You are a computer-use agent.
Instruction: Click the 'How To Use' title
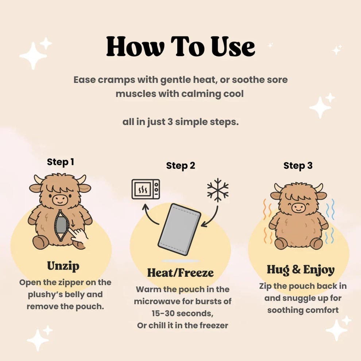pos(180,47)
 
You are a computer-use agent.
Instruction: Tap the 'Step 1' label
pos(61,162)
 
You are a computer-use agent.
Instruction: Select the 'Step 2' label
pos(180,166)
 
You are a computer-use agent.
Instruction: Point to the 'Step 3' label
pos(298,166)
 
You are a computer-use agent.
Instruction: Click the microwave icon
pos(145,189)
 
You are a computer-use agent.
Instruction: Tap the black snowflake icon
pos(218,190)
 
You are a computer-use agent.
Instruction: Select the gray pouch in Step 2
pos(179,229)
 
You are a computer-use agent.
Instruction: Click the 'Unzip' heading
pos(63,266)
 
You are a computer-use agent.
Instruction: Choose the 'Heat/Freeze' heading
pos(180,272)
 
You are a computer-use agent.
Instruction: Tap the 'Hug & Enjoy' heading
pos(300,270)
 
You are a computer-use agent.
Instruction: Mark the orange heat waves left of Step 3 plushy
pos(268,222)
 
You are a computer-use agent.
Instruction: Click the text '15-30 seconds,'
pos(180,313)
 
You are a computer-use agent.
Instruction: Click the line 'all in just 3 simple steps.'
pos(180,122)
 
